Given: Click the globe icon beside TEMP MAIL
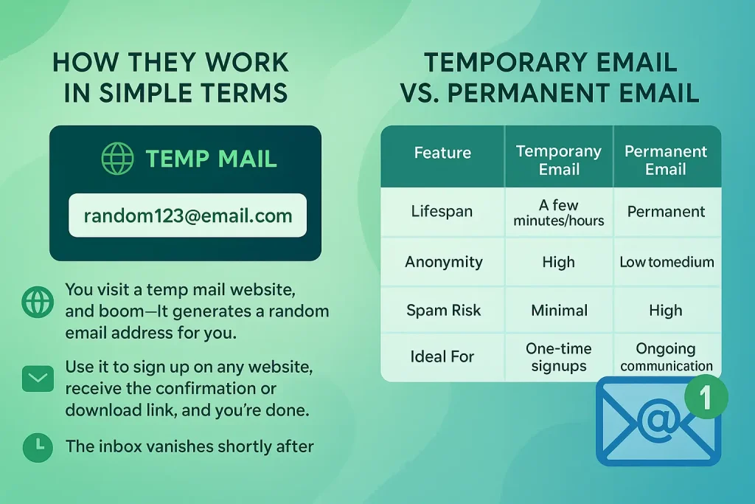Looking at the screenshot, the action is (117, 159).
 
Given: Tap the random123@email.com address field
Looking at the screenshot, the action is (188, 215).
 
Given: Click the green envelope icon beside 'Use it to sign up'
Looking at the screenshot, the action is (38, 379).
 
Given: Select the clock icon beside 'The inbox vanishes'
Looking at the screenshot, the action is (38, 448).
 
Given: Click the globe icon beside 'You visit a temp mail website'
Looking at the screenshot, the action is (38, 302).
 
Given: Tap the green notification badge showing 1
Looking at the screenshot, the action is (706, 396).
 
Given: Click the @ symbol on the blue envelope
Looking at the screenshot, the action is (658, 420).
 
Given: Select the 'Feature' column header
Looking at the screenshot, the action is (442, 153).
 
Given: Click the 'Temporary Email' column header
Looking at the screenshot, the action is (559, 160).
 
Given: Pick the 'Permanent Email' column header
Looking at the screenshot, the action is (666, 160).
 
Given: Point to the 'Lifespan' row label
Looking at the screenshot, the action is (442, 212).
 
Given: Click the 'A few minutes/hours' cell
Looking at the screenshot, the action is (559, 213).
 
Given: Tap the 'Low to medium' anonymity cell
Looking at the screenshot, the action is (667, 262).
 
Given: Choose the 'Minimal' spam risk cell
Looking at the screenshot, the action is (560, 311).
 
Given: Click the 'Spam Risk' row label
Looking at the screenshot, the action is (443, 311).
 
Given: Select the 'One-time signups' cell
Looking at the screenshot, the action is (559, 357).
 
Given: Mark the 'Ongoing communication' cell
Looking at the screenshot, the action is (667, 357).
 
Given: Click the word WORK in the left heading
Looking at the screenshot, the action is (246, 63).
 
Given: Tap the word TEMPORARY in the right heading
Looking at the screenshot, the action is (504, 63).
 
